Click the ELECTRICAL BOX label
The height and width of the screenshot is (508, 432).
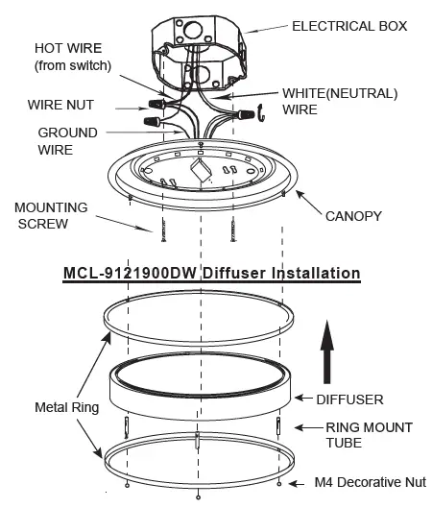[348, 26]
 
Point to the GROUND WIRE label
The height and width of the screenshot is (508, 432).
[67, 141]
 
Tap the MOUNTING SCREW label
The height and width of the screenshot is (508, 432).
[49, 215]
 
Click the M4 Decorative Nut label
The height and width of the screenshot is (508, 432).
[371, 482]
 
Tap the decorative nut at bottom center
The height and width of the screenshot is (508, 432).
[199, 496]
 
